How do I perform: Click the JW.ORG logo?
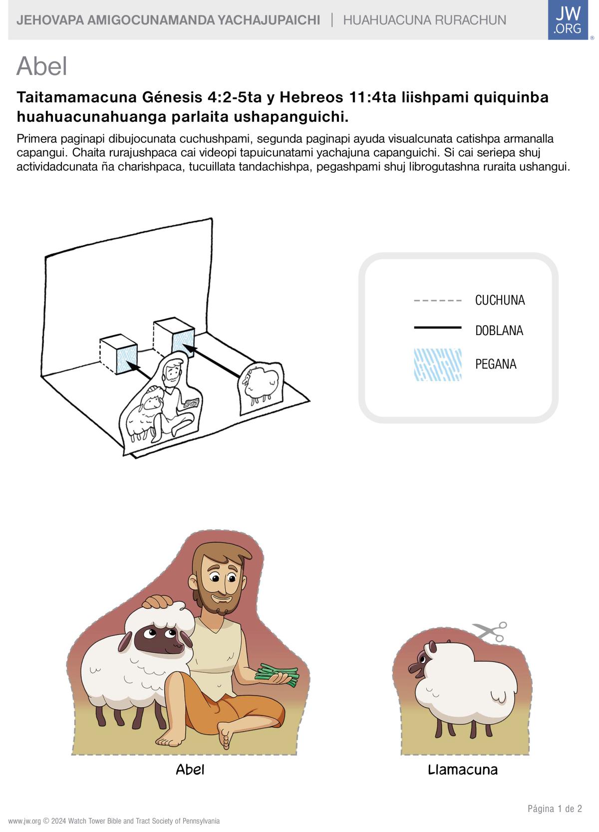point(568,19)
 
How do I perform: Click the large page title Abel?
point(41,66)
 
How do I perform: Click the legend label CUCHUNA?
point(500,300)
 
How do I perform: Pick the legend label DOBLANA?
point(499,330)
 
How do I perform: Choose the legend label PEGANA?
point(496,364)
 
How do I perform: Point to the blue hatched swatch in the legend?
point(438,365)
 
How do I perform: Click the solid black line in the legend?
point(438,327)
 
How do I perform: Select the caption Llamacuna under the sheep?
point(463,770)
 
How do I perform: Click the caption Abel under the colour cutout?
point(190,770)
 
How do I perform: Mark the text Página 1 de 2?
point(555,809)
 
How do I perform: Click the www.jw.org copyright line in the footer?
point(114,821)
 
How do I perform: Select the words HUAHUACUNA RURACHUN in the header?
point(424,20)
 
